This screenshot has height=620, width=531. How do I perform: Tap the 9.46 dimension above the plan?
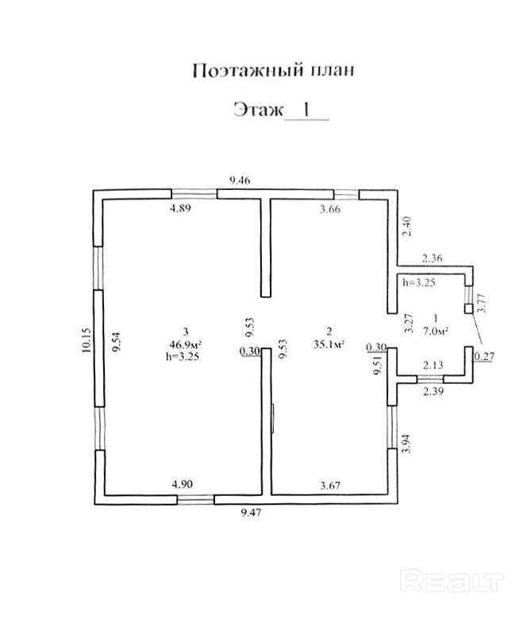[x=240, y=181]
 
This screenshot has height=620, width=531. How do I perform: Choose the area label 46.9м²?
[x=184, y=344]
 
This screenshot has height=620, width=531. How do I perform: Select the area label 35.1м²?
[x=327, y=344]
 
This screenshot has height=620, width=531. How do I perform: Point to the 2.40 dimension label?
[x=407, y=228]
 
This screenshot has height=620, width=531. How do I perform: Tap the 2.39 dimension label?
[x=433, y=392]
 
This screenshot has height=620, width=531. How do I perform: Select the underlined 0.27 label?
[x=483, y=357]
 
